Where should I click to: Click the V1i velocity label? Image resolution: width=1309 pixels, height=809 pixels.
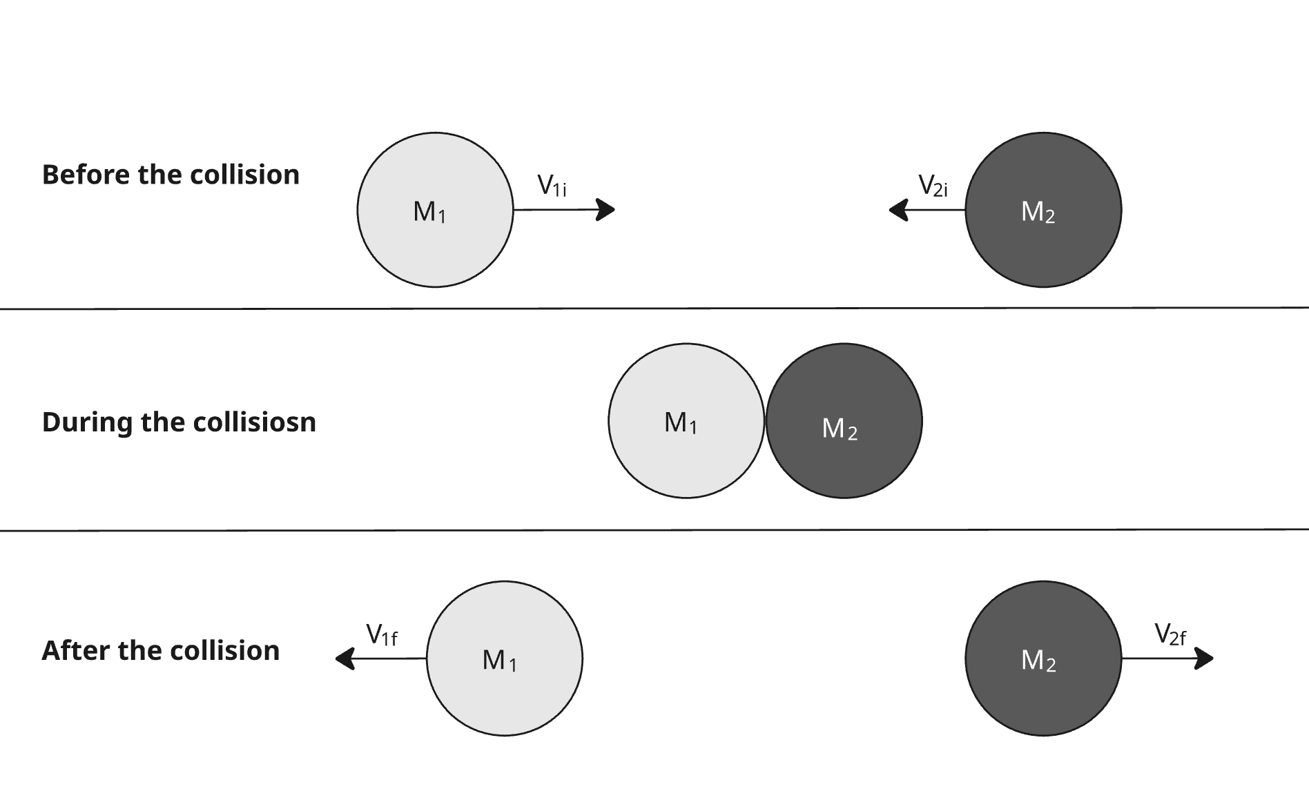pyautogui.click(x=552, y=186)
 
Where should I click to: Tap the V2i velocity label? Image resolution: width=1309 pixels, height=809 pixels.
pyautogui.click(x=933, y=186)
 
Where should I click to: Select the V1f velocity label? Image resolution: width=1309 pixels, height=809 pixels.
pyautogui.click(x=381, y=634)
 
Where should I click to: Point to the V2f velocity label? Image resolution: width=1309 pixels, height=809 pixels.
pyautogui.click(x=1170, y=634)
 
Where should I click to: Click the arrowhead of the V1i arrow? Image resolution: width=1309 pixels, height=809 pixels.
pyautogui.click(x=606, y=209)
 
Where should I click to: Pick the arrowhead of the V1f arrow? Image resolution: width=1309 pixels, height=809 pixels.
pyautogui.click(x=345, y=659)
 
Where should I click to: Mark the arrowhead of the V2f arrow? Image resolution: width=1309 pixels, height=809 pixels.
pyautogui.click(x=1205, y=659)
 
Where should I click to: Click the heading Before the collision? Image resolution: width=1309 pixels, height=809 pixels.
pyautogui.click(x=171, y=175)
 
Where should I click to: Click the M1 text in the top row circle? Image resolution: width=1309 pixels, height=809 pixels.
pyautogui.click(x=429, y=212)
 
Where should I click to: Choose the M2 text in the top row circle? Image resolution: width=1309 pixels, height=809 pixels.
pyautogui.click(x=1038, y=212)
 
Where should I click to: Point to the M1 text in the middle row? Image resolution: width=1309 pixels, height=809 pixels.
pyautogui.click(x=681, y=422)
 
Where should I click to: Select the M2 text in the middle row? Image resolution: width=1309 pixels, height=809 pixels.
pyautogui.click(x=840, y=429)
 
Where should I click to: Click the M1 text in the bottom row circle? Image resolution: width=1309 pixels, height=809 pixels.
pyautogui.click(x=499, y=661)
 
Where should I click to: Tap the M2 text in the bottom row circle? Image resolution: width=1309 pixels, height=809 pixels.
pyautogui.click(x=1038, y=661)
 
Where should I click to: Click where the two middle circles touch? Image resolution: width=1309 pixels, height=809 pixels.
pyautogui.click(x=765, y=420)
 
